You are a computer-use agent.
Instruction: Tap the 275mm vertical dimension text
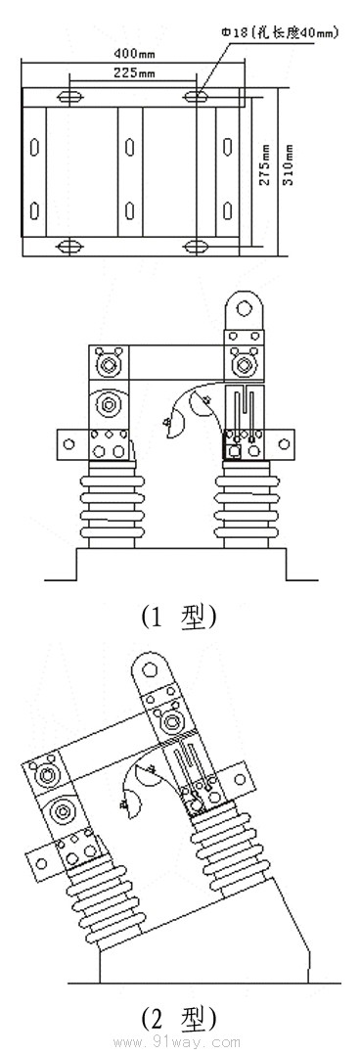[x=265, y=166]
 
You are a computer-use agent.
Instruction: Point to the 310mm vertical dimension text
[x=287, y=166]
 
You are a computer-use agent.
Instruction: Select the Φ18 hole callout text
[x=281, y=32]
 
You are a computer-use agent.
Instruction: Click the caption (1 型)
[x=177, y=618]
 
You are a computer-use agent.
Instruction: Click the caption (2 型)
[x=177, y=1018]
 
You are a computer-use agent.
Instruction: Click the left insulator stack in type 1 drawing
[x=111, y=504]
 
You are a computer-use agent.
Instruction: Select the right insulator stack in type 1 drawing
[x=250, y=504]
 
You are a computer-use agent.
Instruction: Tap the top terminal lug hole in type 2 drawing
[x=150, y=671]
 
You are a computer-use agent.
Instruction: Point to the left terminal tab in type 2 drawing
[x=41, y=861]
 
